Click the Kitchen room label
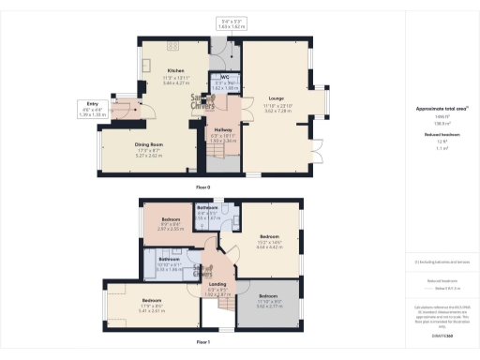point(175,70)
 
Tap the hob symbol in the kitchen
point(172,44)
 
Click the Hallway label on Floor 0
point(222,130)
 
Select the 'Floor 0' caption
point(203,187)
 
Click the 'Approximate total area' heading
point(442,110)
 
